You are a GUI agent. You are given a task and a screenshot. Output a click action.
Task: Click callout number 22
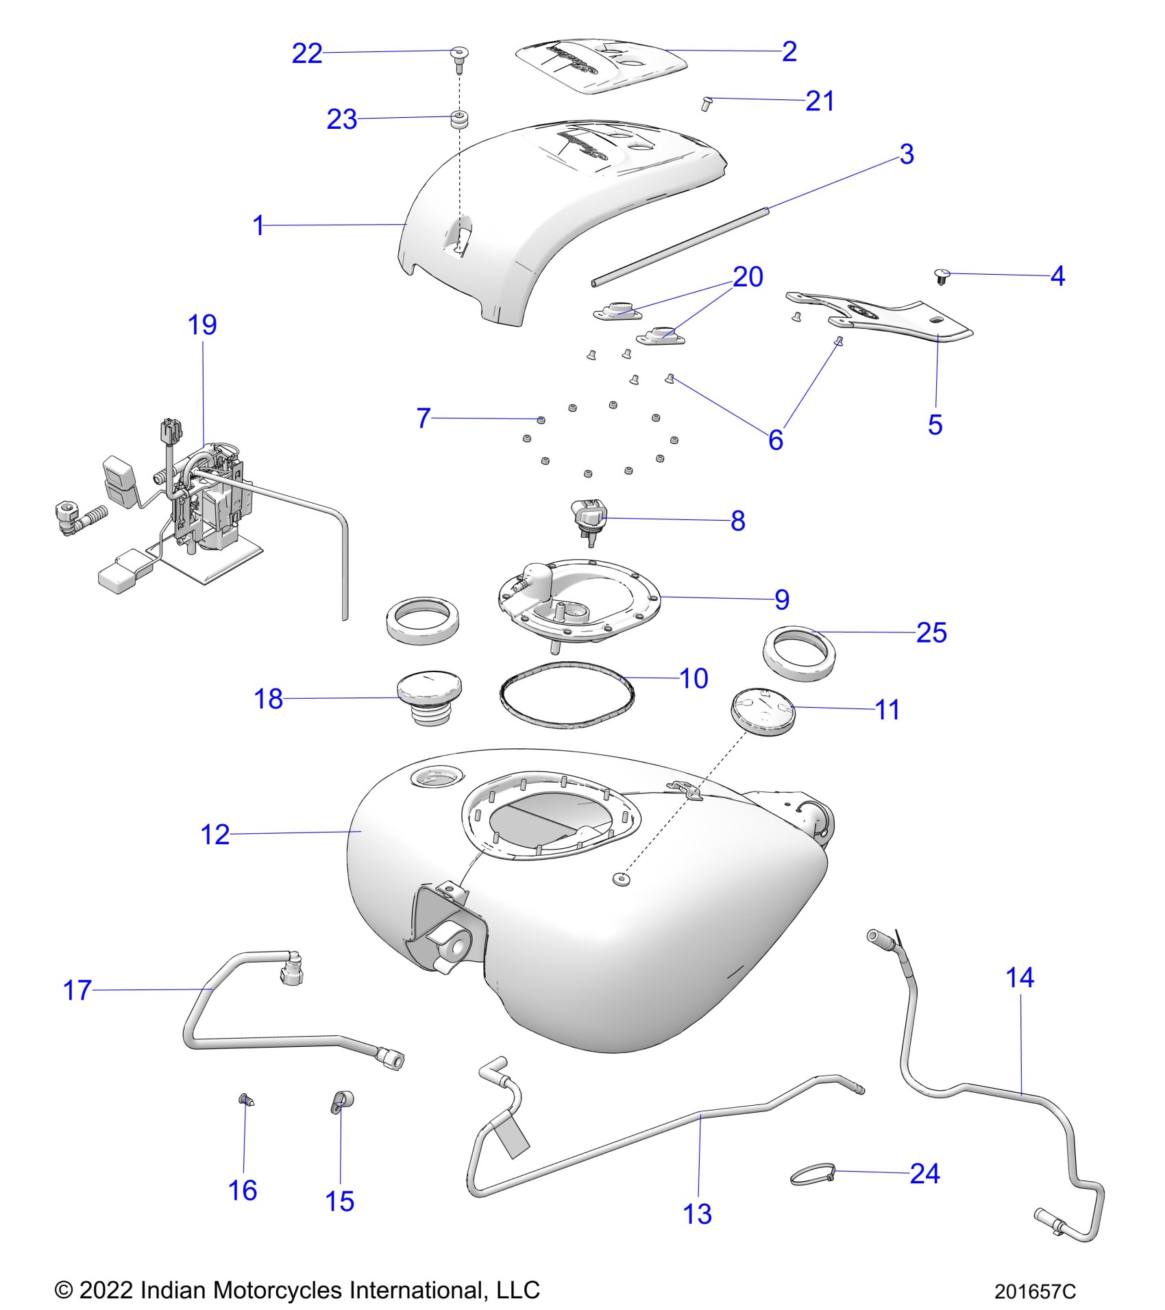tap(306, 53)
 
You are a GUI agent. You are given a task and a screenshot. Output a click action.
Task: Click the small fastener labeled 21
tap(707, 103)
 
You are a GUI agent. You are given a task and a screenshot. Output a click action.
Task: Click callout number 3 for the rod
tap(906, 154)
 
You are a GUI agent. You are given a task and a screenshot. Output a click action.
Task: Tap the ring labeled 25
tap(799, 652)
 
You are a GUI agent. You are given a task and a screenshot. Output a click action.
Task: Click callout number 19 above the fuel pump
tap(202, 325)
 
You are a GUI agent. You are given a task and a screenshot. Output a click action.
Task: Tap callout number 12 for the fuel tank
tap(214, 835)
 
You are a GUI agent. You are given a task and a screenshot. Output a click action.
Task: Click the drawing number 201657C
tap(1035, 1292)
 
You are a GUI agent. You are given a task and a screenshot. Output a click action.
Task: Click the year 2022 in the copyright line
tap(106, 1290)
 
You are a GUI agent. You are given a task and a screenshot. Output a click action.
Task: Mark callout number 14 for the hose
tap(1019, 978)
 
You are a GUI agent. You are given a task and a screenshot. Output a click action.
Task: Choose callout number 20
tap(748, 277)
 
